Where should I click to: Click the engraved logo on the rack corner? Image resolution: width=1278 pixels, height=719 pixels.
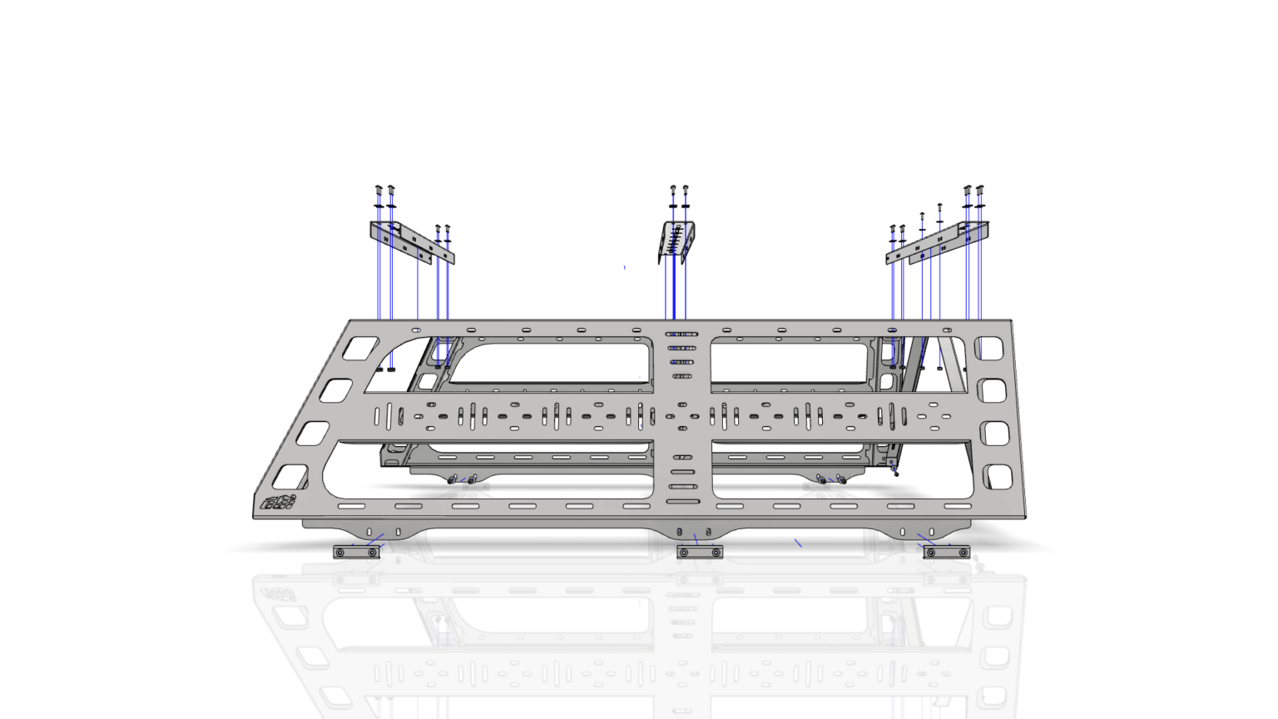pos(278,502)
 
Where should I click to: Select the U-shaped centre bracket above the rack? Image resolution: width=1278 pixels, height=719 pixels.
pos(676,241)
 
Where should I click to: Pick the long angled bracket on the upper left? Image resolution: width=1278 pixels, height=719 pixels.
pos(411,242)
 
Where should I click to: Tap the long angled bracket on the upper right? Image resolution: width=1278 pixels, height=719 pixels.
pos(938,243)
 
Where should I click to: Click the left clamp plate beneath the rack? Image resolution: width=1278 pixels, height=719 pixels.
pos(356,552)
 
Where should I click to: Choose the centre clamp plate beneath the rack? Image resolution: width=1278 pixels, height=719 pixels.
pos(700,552)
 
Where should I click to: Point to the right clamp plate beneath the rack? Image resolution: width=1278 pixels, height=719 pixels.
pos(947,552)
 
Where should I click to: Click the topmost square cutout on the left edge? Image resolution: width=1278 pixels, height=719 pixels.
pos(360,348)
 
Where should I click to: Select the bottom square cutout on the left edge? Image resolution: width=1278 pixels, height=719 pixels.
pos(290,477)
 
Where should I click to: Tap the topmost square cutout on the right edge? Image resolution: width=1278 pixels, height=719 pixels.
pos(988,348)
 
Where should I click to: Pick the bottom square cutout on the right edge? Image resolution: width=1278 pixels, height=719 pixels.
pos(998,477)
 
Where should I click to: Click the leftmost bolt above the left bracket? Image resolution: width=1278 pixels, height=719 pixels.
pos(379,191)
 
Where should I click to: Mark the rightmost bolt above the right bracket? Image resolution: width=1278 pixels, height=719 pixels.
pos(979,191)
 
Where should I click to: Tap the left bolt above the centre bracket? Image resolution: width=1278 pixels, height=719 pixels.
pos(673,191)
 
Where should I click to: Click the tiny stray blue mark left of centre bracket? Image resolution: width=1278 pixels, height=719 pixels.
pos(625,267)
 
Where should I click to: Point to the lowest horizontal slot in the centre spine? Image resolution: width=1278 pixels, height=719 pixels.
pos(682,501)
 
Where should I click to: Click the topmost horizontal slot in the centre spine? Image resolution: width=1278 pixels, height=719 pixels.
pos(681,335)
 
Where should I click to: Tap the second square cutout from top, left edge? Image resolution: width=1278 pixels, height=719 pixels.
pos(336,390)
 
